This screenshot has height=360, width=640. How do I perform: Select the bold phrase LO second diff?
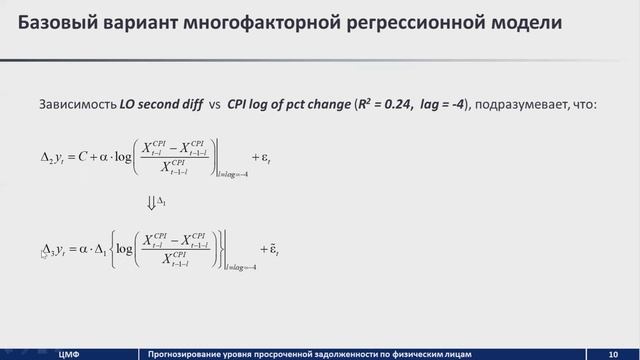coord(160,102)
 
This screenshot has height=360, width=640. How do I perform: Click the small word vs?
coord(214,102)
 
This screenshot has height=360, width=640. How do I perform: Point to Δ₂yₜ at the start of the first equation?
coord(52,157)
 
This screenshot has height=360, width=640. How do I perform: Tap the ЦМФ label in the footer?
coord(68,352)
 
